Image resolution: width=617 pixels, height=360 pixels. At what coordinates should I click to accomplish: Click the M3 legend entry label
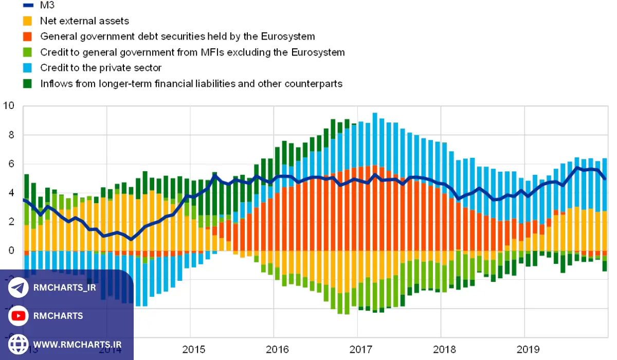coord(47,6)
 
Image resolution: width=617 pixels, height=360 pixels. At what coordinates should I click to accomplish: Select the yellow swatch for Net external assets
coord(28,21)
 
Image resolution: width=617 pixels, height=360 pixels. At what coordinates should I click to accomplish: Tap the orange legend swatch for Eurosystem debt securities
coord(28,37)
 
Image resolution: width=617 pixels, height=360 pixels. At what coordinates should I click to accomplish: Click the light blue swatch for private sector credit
coord(28,68)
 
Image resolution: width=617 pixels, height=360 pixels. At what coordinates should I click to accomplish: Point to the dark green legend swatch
coord(28,83)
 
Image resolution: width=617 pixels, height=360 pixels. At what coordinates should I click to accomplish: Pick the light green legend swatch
coord(28,52)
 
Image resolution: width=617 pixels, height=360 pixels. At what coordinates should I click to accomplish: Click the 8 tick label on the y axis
coord(11,135)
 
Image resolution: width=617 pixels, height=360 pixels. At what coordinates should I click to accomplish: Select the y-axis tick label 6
coord(11,164)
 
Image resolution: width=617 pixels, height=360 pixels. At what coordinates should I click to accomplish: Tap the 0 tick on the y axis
coord(11,250)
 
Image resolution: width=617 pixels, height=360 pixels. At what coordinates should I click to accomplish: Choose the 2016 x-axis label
coord(274,349)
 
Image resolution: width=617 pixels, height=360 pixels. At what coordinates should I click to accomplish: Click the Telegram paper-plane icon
coord(19,287)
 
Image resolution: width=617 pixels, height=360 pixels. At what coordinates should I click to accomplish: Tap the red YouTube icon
coord(19,315)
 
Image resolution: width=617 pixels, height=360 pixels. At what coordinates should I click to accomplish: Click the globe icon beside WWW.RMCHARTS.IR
coord(19,344)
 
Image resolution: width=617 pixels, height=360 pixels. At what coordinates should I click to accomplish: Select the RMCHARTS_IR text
coord(64,287)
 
